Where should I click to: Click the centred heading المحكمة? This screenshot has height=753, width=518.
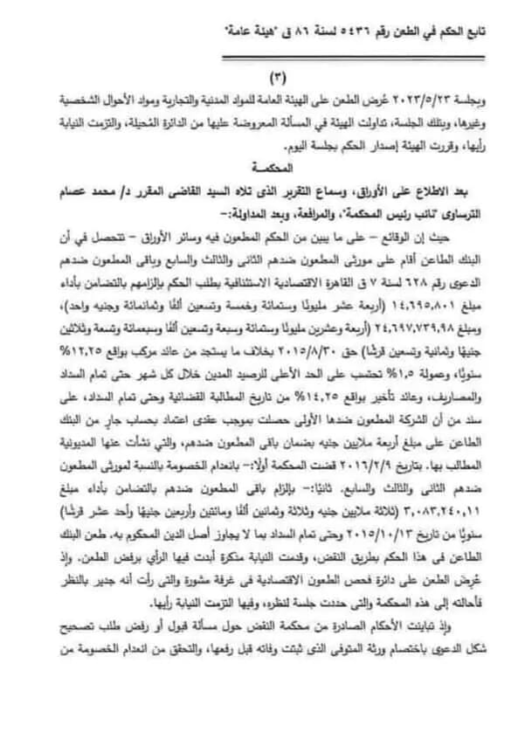pyautogui.click(x=259, y=164)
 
